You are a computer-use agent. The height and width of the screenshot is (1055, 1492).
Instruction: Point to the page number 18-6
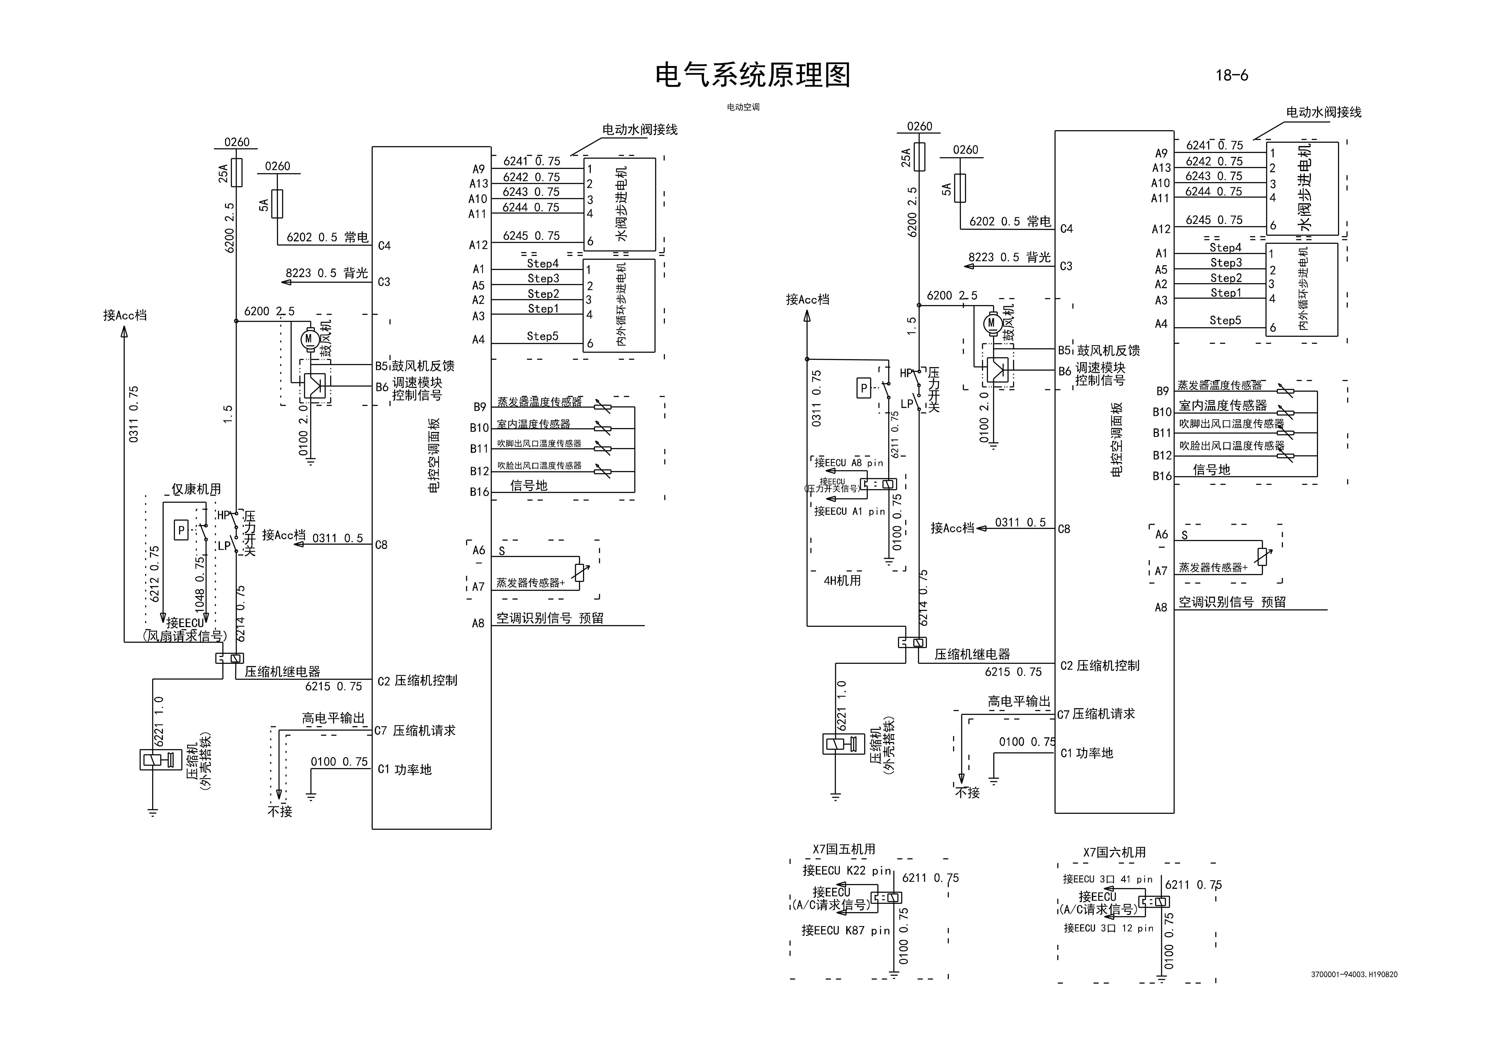[x=1231, y=75]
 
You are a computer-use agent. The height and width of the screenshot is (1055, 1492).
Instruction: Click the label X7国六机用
[x=1114, y=852]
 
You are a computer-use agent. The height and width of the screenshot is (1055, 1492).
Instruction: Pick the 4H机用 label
[x=842, y=580]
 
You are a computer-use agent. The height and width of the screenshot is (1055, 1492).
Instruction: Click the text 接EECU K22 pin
[x=846, y=870]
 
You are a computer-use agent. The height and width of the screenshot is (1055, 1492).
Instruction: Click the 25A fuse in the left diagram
[x=236, y=172]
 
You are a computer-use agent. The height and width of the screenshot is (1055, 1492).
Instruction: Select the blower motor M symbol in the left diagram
[x=309, y=339]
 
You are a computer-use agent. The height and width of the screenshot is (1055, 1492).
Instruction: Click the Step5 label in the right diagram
[x=1225, y=320]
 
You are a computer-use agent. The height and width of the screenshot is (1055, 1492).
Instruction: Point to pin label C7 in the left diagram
[x=381, y=731]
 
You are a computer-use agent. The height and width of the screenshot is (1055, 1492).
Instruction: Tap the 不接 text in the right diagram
[x=968, y=792]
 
